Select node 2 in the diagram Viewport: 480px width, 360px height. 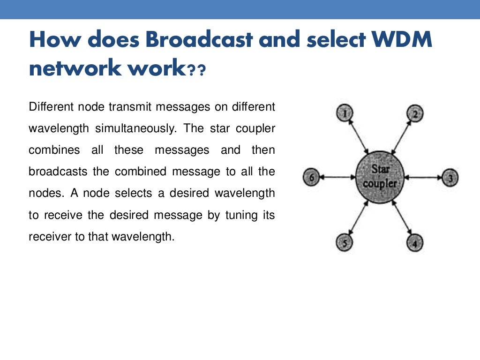[x=415, y=113]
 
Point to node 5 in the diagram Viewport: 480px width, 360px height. [x=345, y=243]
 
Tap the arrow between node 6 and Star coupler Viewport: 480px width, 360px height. [x=337, y=178]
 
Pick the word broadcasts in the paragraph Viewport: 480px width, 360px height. [x=58, y=172]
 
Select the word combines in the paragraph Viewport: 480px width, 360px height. [x=52, y=150]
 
